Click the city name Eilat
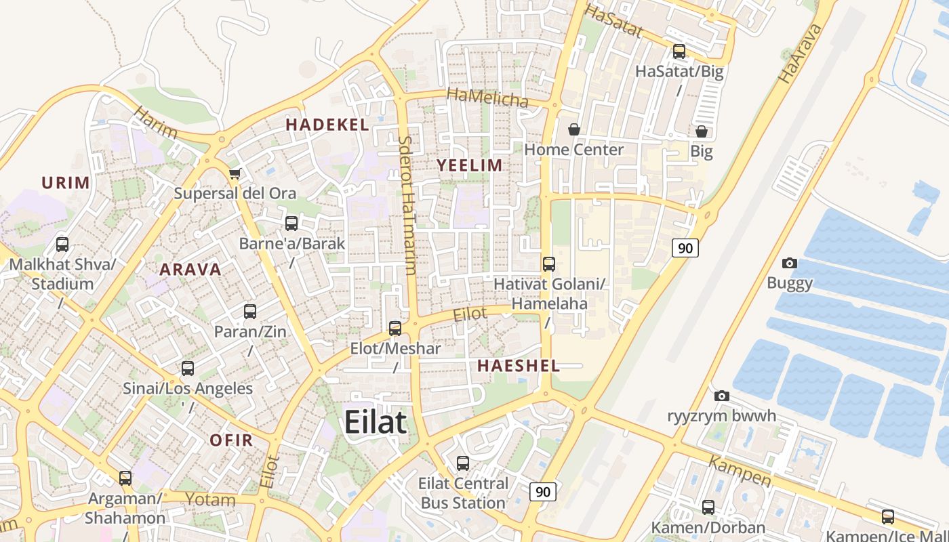coord(376,422)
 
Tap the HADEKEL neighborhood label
coord(327,125)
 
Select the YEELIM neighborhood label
coord(470,165)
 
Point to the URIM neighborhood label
coord(66,182)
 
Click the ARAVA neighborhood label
coord(190,269)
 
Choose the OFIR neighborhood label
coord(231,440)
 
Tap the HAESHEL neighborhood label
coord(519,366)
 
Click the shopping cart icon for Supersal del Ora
coord(235,174)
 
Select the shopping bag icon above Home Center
coord(574,129)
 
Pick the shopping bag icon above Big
coord(702,131)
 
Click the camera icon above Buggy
coord(790,263)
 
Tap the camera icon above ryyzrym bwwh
coord(722,396)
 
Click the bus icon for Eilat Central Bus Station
coord(463,463)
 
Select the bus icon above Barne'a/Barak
coord(291,223)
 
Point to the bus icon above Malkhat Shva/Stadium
coord(62,245)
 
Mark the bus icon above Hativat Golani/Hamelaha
coord(549,264)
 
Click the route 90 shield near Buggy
coord(685,248)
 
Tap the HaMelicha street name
coord(487,98)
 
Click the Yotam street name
coord(211,501)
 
